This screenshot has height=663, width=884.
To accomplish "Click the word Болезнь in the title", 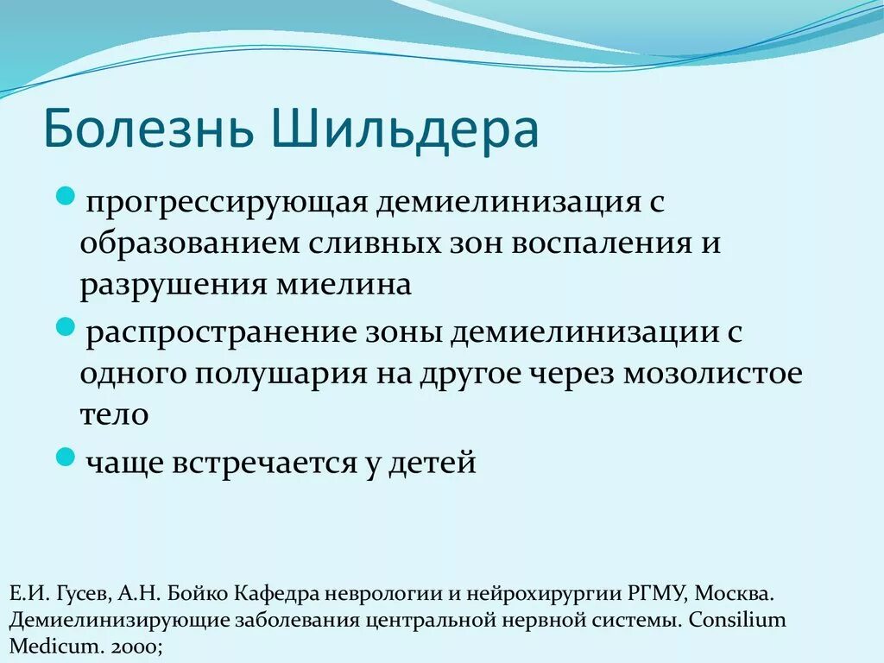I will coord(149,128).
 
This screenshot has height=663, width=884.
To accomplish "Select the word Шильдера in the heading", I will coord(404,128).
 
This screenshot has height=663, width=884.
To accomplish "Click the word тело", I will coord(115,414).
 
